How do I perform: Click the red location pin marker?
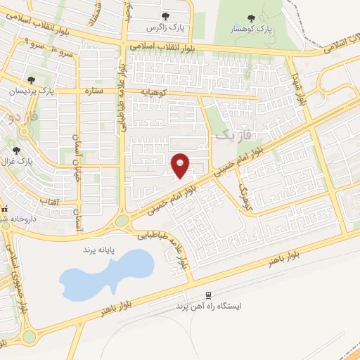pos(181,165)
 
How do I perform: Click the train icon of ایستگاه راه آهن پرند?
pos(208,295)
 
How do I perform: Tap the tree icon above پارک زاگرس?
pos(165,16)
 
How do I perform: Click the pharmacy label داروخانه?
pos(18,214)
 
